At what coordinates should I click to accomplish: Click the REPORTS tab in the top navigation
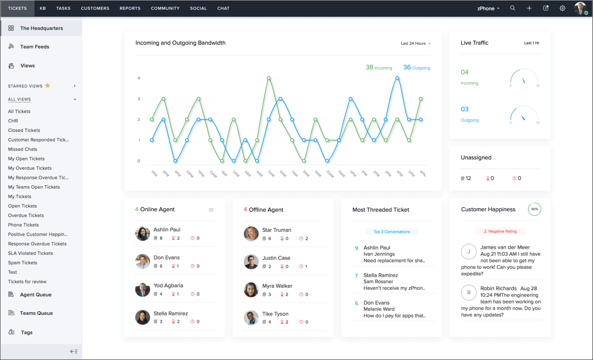tap(130, 8)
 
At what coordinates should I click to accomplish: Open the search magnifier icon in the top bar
tap(512, 8)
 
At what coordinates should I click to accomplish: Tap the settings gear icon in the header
tap(562, 8)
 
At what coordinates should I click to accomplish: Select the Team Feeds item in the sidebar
tap(34, 47)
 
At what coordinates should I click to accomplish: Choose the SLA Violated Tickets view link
tap(31, 253)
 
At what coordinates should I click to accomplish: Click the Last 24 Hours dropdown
tap(416, 44)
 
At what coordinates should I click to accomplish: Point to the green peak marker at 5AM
tap(269, 78)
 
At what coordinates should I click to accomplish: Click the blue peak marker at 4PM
tap(397, 78)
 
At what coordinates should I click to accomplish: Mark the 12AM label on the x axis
tap(213, 174)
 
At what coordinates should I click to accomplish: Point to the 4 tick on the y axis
tap(139, 78)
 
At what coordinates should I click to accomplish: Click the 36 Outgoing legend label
tap(416, 68)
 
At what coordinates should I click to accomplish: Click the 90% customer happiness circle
tap(535, 209)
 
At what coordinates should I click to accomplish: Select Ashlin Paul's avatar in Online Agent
tap(142, 234)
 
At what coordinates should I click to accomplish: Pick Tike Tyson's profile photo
tap(251, 318)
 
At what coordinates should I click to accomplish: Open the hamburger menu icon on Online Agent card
tap(211, 210)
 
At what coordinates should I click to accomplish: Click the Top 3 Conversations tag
tap(391, 232)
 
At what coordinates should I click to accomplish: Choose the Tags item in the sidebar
tap(26, 333)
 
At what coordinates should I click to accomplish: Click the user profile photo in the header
tap(580, 8)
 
